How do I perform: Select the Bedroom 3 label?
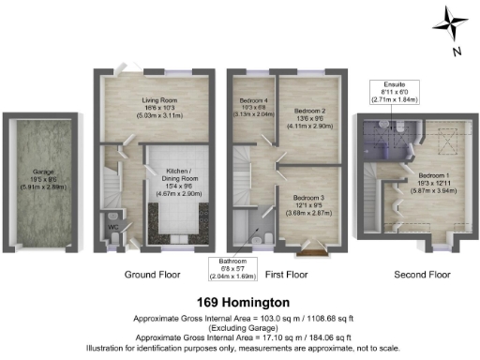tap(308, 202)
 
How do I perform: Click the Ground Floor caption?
tap(152, 275)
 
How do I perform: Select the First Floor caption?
tap(286, 275)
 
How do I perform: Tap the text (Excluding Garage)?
tap(240, 327)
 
